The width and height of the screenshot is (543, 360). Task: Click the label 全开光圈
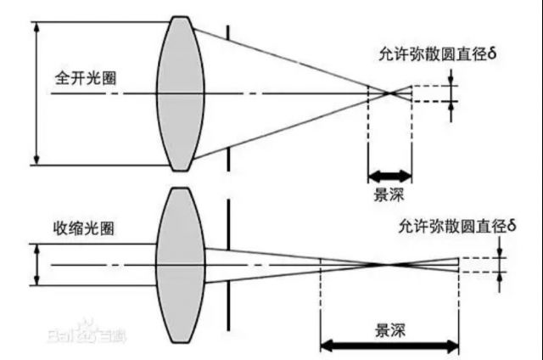pos(86,78)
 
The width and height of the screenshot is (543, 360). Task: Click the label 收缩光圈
pos(83,228)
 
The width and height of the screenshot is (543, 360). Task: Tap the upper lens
pos(181,93)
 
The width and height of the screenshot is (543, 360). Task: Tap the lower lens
pos(181,266)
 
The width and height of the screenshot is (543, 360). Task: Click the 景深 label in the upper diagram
pos(389,194)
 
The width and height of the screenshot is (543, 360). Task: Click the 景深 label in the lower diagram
pos(390,330)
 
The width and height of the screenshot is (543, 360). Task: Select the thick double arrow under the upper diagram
pos(390,177)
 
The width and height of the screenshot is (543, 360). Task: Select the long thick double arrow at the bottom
pos(389,346)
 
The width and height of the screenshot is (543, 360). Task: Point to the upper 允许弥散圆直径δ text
pos(438,54)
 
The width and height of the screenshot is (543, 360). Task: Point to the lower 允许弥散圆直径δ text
pos(457,227)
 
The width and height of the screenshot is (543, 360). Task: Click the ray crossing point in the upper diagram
pos(390,93)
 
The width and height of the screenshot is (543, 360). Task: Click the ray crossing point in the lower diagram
pos(389,265)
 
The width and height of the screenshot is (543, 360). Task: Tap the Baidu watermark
pos(87,333)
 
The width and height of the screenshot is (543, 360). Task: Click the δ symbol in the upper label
pos(492,53)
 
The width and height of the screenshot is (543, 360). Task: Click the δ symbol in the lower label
pos(512,226)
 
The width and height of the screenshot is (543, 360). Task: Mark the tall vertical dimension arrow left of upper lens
pos(36,93)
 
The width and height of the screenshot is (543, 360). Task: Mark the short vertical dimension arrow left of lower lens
pos(36,265)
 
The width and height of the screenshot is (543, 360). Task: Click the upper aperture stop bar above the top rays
pos(228,32)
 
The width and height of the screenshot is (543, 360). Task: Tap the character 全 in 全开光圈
pos(62,78)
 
